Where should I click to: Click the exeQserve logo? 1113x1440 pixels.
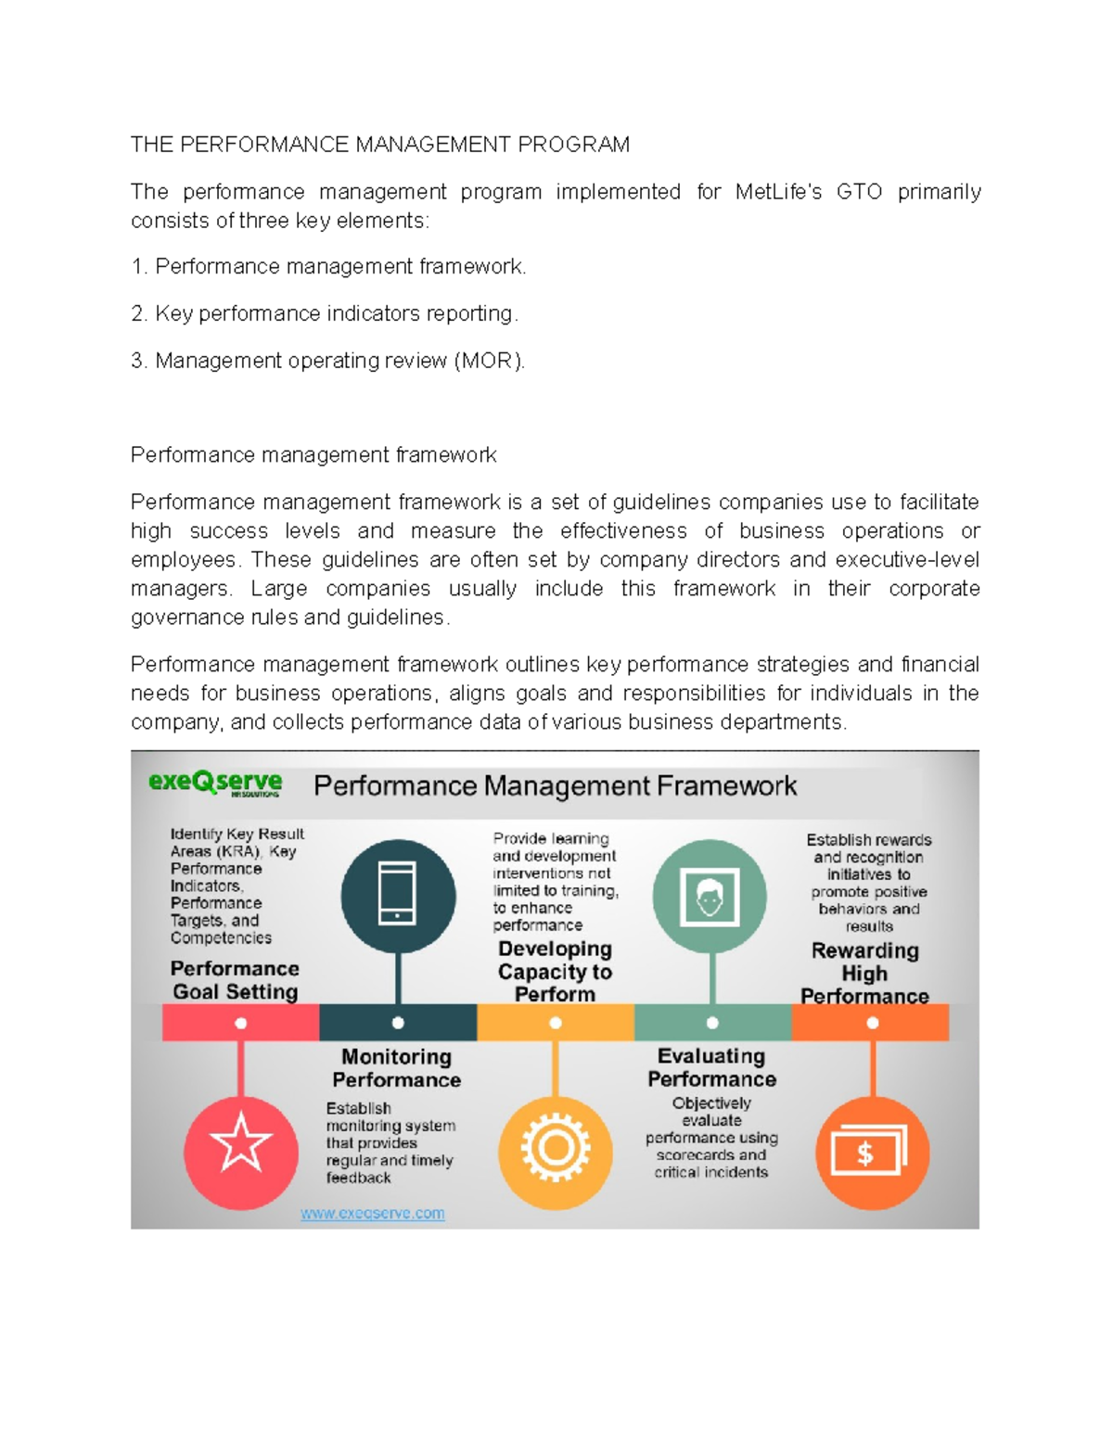[215, 784]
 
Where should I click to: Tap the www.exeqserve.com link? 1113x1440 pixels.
[372, 1213]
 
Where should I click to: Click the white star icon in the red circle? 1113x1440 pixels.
[241, 1142]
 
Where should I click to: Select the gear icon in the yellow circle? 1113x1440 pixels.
[556, 1148]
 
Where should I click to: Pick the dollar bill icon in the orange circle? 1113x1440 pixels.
[869, 1152]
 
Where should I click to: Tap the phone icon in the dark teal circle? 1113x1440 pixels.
[398, 893]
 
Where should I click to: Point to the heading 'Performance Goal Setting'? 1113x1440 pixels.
[235, 980]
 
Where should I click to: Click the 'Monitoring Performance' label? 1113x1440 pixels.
[396, 1068]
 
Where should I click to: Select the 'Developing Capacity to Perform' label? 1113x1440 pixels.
[555, 971]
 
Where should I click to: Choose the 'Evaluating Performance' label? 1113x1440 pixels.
[711, 1067]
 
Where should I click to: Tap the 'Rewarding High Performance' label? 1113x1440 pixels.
[864, 973]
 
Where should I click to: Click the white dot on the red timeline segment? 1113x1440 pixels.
[241, 1023]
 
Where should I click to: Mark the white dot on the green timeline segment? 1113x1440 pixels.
[712, 1023]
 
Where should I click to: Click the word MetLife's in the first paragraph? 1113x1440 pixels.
[778, 192]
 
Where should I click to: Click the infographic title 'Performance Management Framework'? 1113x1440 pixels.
[555, 786]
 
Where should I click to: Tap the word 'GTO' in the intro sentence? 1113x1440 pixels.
[859, 192]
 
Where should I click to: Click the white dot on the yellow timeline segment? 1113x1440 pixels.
[556, 1023]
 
